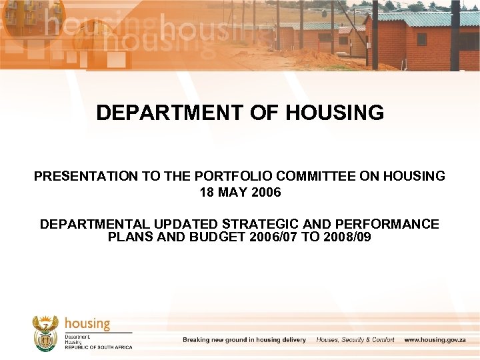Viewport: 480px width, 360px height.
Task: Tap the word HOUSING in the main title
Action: click(x=335, y=113)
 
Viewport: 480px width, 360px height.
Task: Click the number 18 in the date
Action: click(x=207, y=193)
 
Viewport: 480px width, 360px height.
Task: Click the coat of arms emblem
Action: click(x=46, y=333)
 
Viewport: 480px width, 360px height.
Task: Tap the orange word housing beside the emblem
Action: click(x=87, y=324)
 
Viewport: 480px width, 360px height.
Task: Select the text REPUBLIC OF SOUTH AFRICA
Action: click(x=99, y=347)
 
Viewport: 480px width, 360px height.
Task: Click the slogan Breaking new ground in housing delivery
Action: click(x=244, y=340)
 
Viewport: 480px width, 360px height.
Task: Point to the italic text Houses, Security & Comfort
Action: click(x=355, y=340)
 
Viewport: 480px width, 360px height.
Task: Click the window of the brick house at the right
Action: click(x=422, y=39)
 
